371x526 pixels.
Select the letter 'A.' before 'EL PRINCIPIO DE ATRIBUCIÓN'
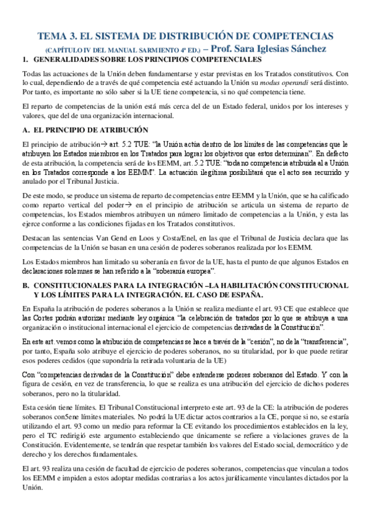25,130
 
